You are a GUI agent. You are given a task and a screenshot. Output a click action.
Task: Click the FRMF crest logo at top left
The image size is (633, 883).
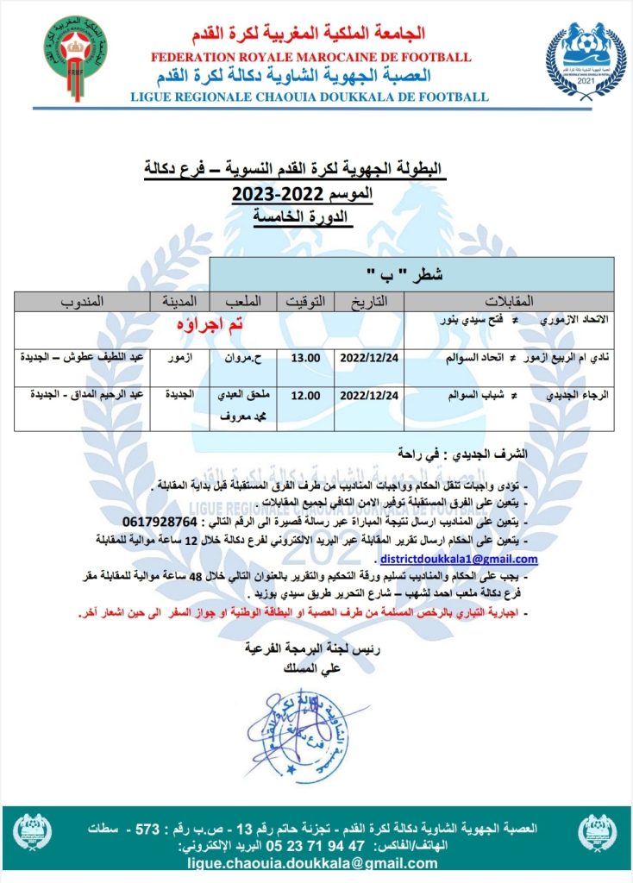point(77,57)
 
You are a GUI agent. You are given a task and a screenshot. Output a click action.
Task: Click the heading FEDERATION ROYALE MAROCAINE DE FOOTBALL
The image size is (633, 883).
point(310,57)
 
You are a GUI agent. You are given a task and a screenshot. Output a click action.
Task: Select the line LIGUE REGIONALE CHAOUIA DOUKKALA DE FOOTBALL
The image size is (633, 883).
point(309,97)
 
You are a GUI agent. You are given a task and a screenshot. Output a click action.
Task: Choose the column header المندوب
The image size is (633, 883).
point(82,302)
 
